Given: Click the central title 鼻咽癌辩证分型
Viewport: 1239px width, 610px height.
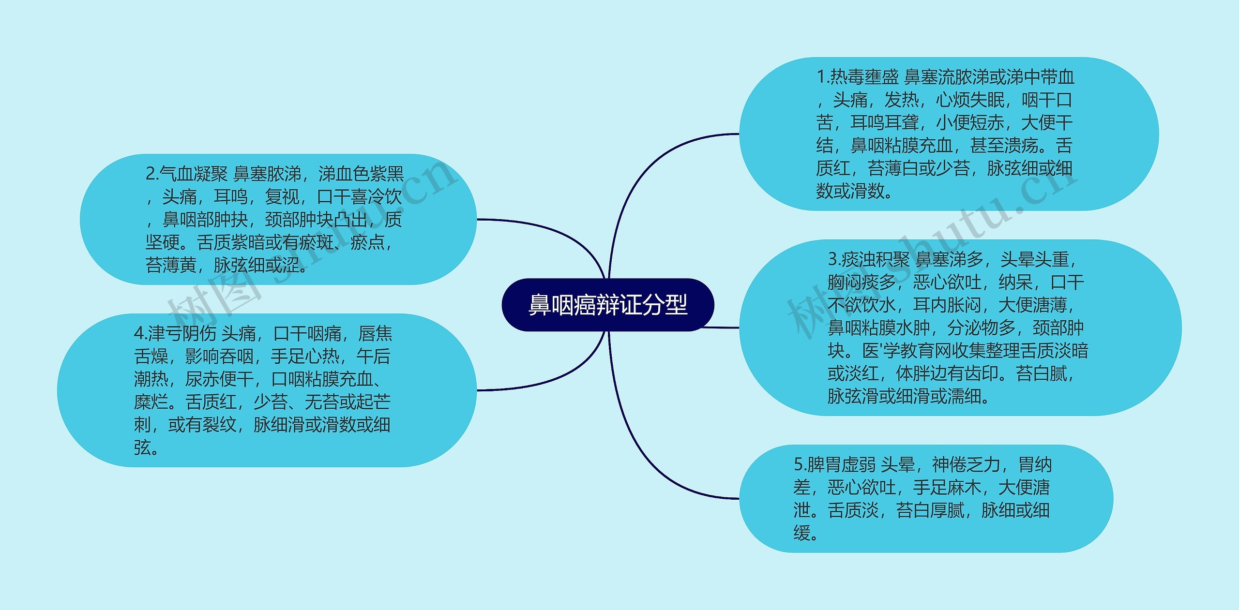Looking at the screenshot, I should [x=607, y=305].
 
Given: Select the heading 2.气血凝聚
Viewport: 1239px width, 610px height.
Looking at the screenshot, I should [x=186, y=174].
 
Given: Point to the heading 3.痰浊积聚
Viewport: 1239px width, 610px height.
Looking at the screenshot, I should [x=869, y=260].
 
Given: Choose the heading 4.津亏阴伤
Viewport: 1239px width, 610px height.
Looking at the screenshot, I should [x=175, y=333].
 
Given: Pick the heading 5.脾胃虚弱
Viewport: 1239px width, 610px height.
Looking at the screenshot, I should [x=834, y=465].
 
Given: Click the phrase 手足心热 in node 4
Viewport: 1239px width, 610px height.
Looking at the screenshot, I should [x=305, y=357].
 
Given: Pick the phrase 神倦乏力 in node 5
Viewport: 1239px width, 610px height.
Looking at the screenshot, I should [x=966, y=465].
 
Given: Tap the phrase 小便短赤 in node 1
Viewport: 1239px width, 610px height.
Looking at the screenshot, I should [x=970, y=123].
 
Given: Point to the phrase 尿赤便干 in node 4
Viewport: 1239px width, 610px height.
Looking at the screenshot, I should [x=219, y=379].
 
